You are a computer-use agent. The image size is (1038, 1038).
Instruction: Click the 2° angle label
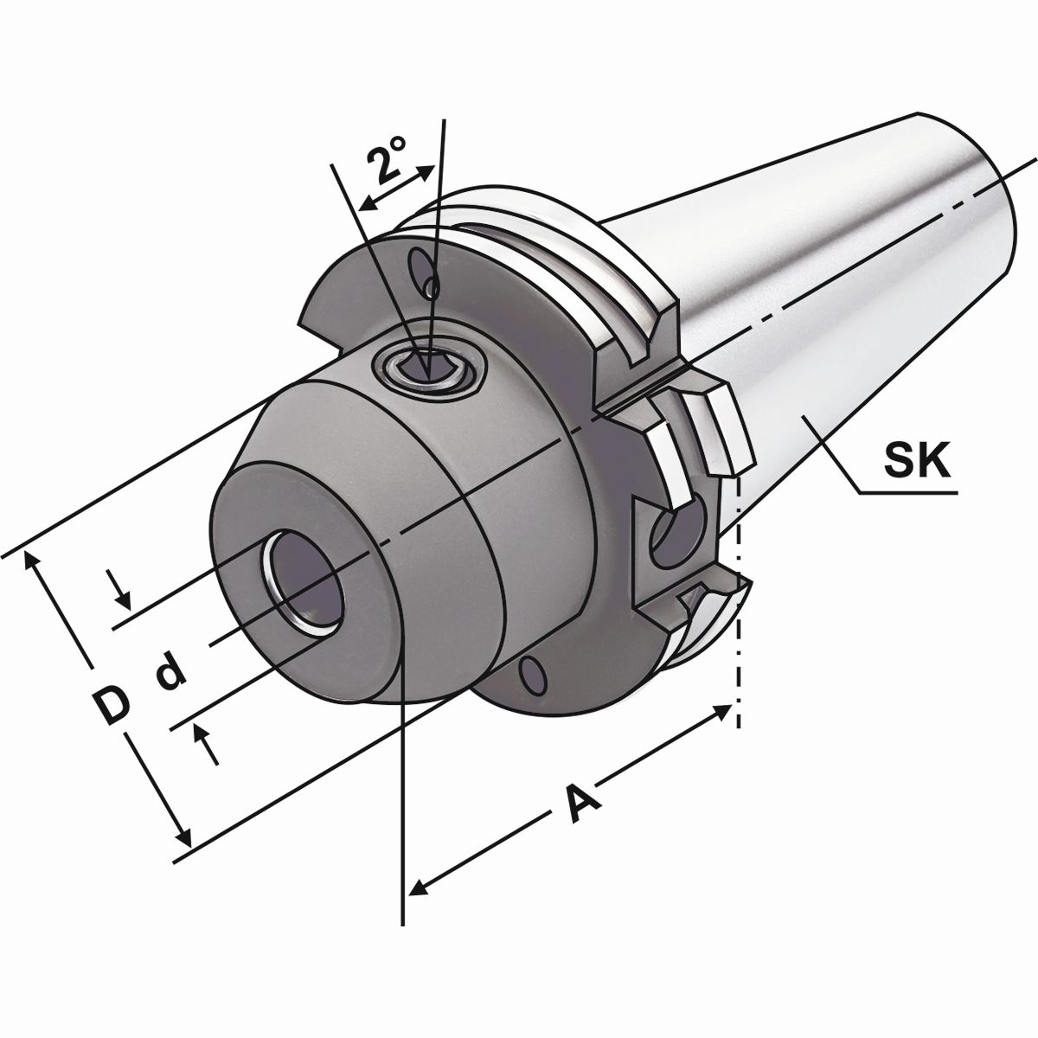tap(387, 163)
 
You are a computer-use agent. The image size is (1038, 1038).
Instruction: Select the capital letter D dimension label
tap(111, 705)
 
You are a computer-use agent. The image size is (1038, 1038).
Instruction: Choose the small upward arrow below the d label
tap(204, 735)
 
